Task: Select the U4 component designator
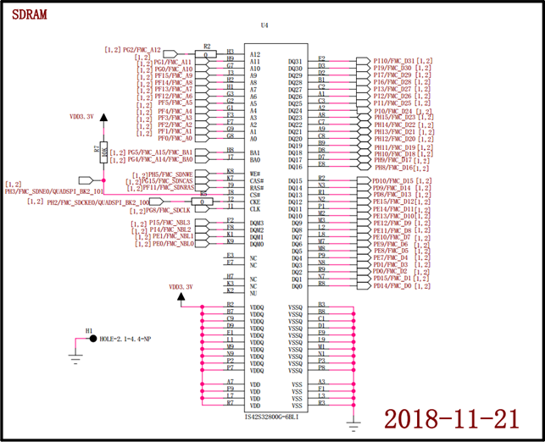point(265,26)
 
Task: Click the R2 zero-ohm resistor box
point(206,52)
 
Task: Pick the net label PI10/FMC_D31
point(394,61)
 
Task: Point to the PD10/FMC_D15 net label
point(393,180)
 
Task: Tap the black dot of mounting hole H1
point(92,339)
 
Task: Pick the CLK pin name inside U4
point(255,209)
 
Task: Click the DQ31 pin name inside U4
point(295,61)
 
